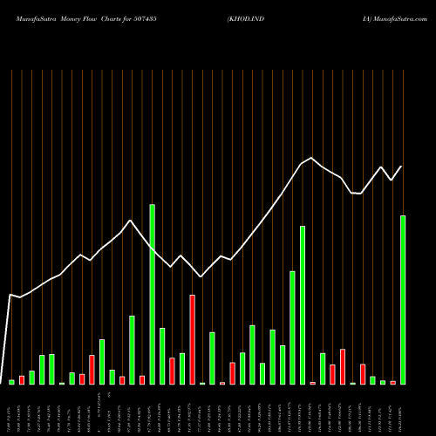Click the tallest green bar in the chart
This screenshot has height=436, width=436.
[152, 295]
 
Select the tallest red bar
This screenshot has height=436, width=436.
[192, 340]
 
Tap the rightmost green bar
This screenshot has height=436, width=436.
[403, 300]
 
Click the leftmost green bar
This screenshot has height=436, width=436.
[11, 382]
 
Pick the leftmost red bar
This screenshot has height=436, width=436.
[22, 379]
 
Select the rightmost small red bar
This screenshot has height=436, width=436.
[392, 382]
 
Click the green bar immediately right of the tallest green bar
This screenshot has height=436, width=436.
[162, 356]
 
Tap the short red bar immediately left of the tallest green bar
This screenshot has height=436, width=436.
[142, 379]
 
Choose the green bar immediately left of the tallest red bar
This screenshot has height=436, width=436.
[182, 368]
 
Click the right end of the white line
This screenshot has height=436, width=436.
[402, 166]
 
